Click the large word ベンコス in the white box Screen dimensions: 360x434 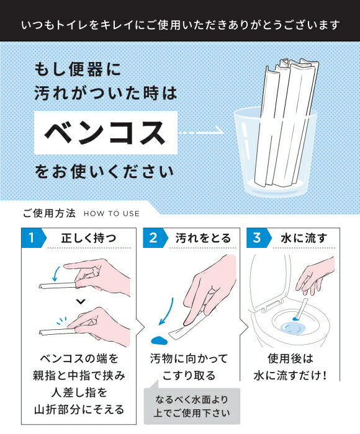[105, 133]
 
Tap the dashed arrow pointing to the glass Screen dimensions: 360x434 [201, 133]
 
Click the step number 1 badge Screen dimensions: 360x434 [34, 237]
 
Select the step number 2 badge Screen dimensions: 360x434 [155, 237]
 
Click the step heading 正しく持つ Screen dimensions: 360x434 [89, 238]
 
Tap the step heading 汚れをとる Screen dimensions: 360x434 [203, 238]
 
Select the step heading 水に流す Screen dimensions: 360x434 [304, 238]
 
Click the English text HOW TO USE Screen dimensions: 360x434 [111, 214]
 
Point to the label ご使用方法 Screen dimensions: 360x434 [49, 213]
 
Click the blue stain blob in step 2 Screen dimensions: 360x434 [159, 340]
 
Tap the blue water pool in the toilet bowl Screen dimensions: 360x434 [293, 329]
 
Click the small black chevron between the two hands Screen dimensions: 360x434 [81, 301]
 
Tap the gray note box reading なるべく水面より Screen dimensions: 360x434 [192, 405]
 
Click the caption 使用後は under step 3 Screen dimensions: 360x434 [290, 359]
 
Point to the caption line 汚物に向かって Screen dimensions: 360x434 [189, 359]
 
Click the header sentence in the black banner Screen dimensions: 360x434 [181, 25]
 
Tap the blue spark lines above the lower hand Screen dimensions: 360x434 [62, 321]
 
